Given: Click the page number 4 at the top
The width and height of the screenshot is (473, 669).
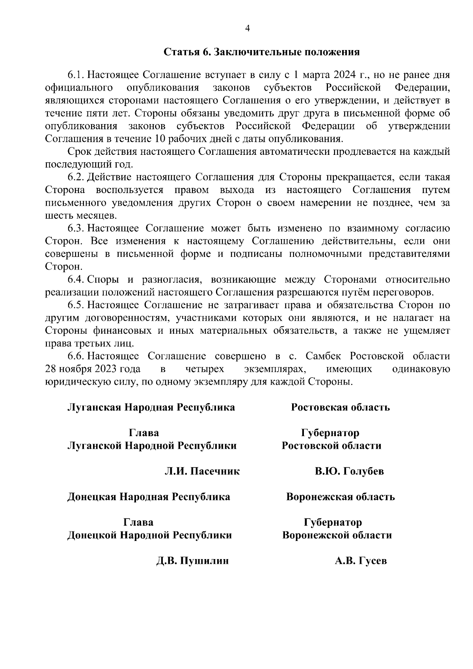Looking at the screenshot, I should point(248,28).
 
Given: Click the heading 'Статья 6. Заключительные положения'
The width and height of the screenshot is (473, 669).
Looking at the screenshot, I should point(261,52).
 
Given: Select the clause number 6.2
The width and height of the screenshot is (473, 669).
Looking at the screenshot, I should point(76,177).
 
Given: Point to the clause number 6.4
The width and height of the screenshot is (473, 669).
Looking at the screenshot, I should point(76,280).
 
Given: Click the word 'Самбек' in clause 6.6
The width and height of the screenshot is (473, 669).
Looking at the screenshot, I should point(325,357).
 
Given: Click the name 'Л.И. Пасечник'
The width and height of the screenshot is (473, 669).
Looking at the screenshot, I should point(202,471).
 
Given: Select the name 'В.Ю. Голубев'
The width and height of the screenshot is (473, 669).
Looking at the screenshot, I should point(349,471).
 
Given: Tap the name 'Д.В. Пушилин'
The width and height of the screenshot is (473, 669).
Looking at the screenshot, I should point(192,561).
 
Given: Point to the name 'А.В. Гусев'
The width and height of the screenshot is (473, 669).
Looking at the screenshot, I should point(361,561).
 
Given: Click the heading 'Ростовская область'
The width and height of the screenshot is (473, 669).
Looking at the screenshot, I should point(340,407).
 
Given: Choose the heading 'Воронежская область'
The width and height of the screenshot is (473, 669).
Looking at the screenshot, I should point(340,497).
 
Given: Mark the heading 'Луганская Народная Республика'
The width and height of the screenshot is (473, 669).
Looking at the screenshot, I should point(151,407).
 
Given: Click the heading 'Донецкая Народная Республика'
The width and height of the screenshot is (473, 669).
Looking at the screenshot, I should point(149,497).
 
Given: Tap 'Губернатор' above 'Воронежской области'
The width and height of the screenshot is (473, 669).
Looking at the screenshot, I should point(333,522).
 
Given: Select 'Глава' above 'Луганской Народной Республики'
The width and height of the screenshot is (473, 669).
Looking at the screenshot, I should point(144,433).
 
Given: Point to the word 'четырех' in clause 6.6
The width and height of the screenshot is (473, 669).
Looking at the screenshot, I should point(205,369).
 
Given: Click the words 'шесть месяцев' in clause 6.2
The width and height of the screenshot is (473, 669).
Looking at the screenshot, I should point(81,216).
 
